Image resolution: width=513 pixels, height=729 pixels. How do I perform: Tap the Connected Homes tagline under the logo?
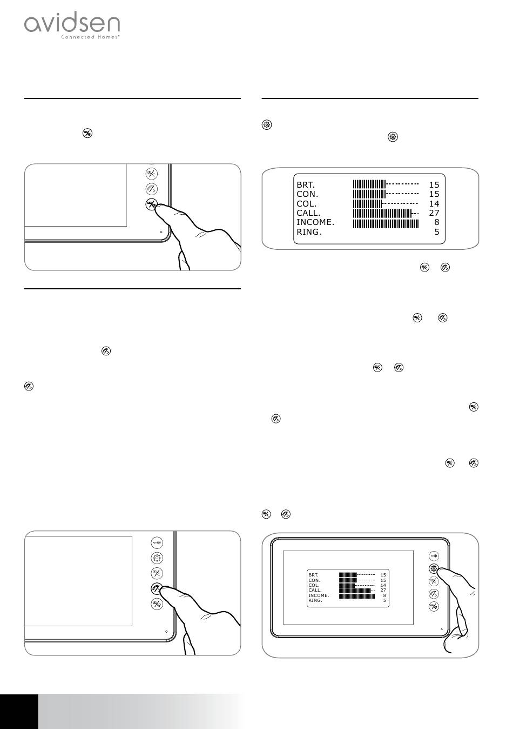90,37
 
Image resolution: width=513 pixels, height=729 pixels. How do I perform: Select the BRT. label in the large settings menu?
306,185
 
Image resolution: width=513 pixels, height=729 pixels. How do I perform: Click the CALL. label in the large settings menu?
308,213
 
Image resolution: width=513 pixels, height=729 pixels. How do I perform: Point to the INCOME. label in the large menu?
315,222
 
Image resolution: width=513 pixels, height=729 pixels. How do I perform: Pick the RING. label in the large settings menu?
309,232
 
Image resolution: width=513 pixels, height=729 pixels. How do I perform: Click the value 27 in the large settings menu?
434,213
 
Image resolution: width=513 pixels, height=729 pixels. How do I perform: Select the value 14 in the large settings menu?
434,204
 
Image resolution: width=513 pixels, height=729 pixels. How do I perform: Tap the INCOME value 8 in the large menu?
437,222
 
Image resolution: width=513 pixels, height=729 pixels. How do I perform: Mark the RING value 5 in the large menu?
437,231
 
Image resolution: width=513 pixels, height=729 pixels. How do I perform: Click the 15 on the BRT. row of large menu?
434,185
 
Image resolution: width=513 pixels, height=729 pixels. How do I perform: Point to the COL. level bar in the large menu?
386,204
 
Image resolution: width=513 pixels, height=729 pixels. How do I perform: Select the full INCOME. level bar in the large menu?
386,223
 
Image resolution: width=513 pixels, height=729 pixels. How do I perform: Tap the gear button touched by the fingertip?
434,568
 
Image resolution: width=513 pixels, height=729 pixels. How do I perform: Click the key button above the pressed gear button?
434,556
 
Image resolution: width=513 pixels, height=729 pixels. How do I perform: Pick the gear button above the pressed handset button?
157,558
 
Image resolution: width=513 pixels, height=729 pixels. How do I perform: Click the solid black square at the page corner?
19,712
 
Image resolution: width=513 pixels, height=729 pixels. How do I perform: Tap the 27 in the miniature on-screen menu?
383,590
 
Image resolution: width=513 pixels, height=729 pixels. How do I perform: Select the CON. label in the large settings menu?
307,194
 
